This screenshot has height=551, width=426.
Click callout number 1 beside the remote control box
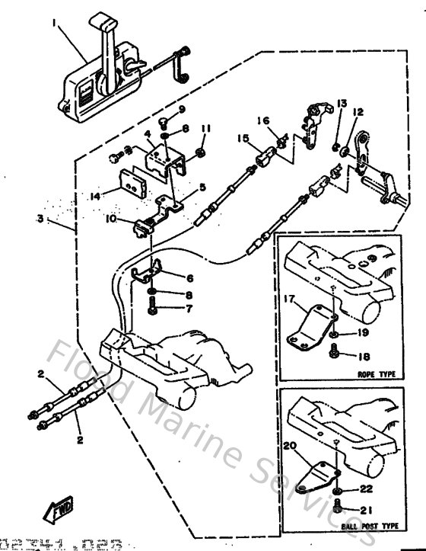54,24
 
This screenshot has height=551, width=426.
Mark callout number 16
262,120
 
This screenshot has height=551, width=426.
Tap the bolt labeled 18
335,353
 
